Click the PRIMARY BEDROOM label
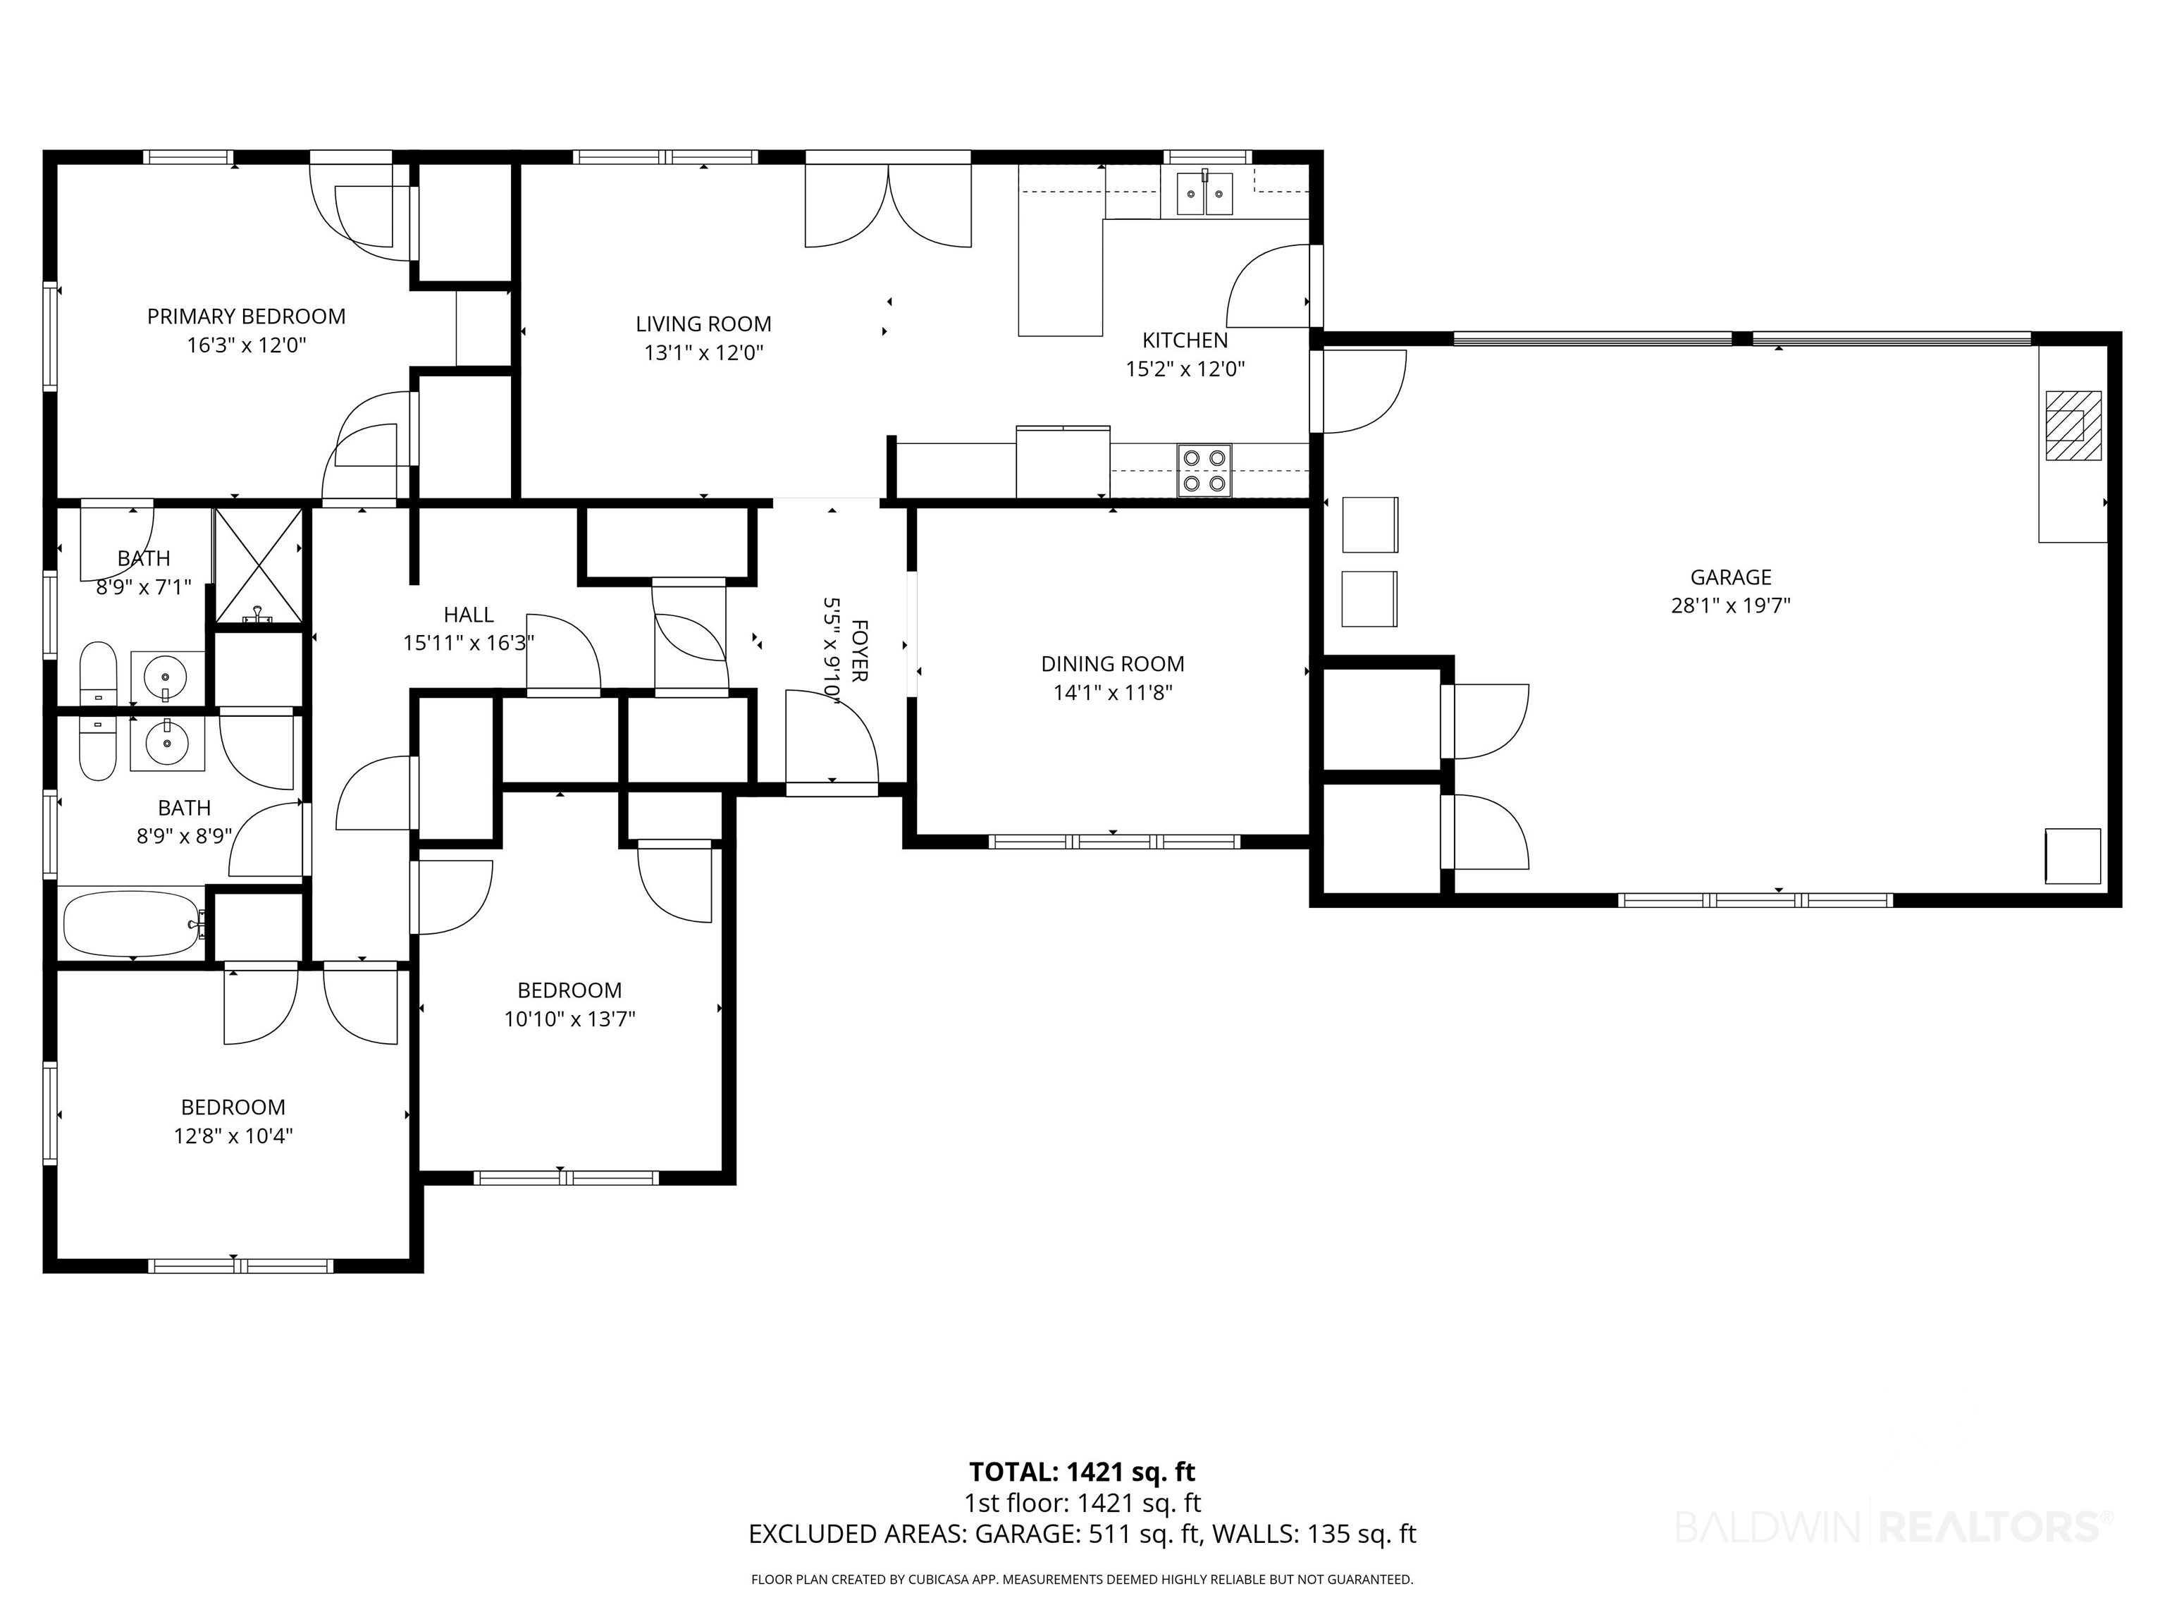[x=246, y=316]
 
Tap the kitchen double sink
[x=1204, y=193]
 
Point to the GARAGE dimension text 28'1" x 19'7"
[x=1730, y=605]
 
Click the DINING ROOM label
[x=1113, y=664]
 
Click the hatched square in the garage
[x=2073, y=426]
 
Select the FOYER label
[x=859, y=650]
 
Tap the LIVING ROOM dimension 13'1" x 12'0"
[x=704, y=352]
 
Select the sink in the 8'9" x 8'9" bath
[x=167, y=743]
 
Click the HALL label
[x=469, y=615]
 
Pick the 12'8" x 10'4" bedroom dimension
[x=233, y=1136]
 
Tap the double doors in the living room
[x=888, y=206]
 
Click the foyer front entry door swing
[x=832, y=736]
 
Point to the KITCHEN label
[x=1185, y=340]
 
